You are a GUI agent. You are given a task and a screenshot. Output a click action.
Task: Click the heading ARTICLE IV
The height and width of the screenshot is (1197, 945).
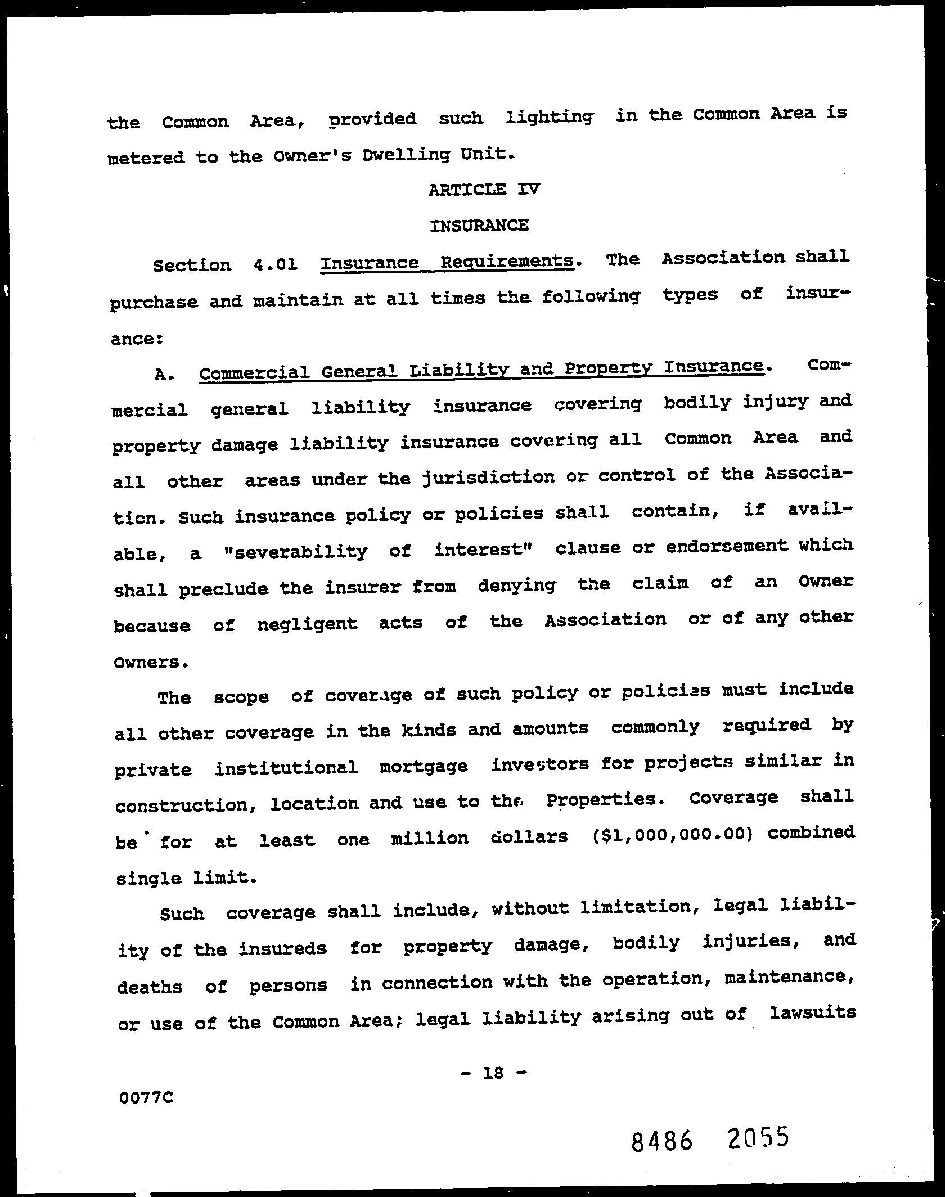[484, 189]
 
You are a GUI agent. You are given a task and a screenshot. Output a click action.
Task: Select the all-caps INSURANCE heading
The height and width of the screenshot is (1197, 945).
[479, 226]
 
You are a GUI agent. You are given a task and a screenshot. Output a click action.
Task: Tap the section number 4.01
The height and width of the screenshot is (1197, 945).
[275, 264]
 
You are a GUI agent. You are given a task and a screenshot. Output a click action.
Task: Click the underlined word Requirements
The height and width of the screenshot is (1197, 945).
[507, 262]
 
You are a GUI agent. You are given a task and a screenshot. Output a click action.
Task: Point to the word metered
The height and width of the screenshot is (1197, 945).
[146, 157]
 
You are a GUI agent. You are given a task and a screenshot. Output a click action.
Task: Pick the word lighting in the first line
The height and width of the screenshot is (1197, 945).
[550, 118]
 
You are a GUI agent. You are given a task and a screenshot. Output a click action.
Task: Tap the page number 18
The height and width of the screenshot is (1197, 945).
[493, 1073]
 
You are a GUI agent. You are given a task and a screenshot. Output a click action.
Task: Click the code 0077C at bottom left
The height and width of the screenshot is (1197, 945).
[146, 1097]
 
